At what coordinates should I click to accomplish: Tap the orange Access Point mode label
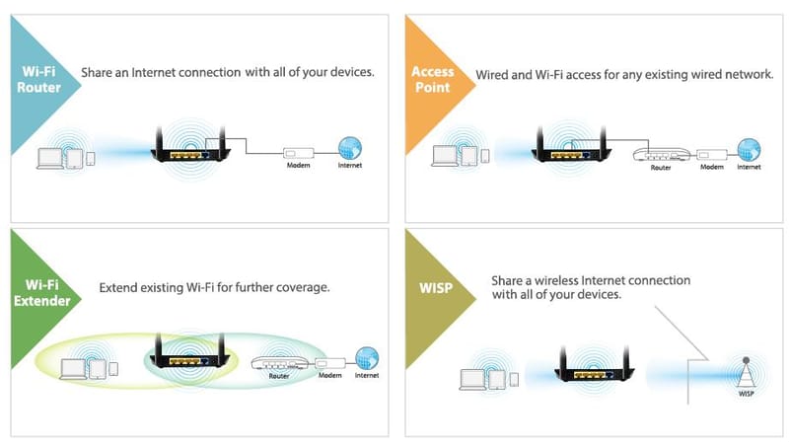[x=431, y=78]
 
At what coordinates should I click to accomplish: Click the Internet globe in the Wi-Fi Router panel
[x=349, y=149]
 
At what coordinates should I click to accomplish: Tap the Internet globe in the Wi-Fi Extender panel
[x=366, y=357]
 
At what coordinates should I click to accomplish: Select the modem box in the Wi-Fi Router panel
[x=297, y=152]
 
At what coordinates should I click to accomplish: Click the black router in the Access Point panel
[x=566, y=148]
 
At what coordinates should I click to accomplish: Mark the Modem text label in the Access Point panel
[x=712, y=167]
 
